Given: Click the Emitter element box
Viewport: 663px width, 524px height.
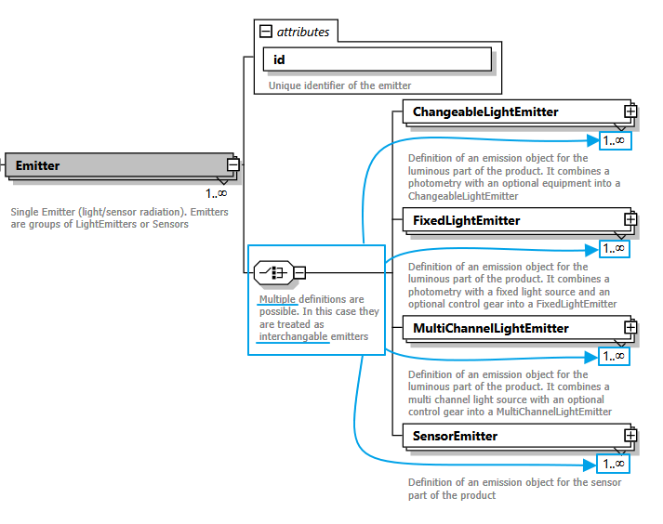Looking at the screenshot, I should [x=116, y=165].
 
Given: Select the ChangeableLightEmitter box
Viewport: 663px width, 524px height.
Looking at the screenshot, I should [x=512, y=112].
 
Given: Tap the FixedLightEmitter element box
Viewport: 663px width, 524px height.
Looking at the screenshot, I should [x=512, y=220].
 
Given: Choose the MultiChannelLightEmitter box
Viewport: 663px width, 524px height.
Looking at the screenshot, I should [x=512, y=328].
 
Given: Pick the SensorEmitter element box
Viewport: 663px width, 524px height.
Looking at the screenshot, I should [x=512, y=436].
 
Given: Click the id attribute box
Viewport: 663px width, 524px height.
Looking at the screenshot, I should [x=378, y=59].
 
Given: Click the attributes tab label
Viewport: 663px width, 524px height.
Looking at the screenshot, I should [x=303, y=32].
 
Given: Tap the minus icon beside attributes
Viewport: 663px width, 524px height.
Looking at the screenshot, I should [x=266, y=32].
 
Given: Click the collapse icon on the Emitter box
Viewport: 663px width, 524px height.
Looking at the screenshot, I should [x=232, y=165].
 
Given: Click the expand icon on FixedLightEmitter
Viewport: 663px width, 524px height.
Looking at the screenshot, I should [x=630, y=219].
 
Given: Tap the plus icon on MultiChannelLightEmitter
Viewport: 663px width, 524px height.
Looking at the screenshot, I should [x=630, y=327].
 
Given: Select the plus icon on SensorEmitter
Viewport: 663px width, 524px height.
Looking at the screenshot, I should [x=630, y=435].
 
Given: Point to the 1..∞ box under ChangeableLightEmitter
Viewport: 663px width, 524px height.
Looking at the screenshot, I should [x=614, y=141].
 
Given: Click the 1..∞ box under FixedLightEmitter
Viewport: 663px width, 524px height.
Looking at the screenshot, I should [x=614, y=249].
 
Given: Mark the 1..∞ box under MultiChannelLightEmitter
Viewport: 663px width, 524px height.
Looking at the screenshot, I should [x=614, y=357].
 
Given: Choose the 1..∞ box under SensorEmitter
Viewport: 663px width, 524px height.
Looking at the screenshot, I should [x=614, y=465].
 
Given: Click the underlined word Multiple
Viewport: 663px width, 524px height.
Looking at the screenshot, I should [x=278, y=299].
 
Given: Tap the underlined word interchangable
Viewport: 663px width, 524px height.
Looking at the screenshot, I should [x=294, y=336].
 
